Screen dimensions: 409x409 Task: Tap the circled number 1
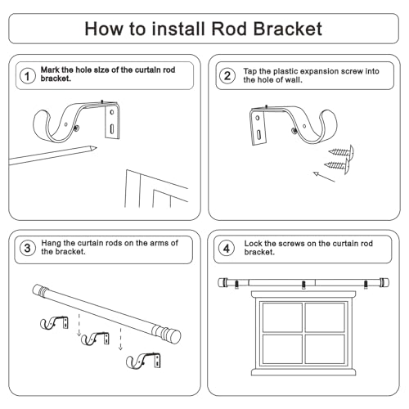tap(28, 76)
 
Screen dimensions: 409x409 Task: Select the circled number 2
tap(227, 76)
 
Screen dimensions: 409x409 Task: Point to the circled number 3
tap(28, 248)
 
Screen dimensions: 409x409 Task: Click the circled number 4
tap(227, 249)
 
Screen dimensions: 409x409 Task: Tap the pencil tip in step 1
tap(95, 148)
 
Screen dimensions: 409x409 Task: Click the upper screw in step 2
tap(341, 152)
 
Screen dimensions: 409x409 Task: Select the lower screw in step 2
tap(337, 165)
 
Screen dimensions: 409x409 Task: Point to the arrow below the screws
tap(324, 177)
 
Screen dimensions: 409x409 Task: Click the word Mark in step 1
tap(50, 70)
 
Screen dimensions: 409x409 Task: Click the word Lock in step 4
tap(253, 244)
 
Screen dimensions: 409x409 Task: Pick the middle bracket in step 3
tap(96, 339)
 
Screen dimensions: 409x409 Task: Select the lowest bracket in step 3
tap(144, 361)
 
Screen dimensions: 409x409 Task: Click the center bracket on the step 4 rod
tap(303, 285)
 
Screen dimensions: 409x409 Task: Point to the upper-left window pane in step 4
tap(282, 317)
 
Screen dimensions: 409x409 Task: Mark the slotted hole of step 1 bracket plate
tap(112, 128)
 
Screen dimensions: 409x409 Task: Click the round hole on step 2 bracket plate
tap(258, 118)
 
